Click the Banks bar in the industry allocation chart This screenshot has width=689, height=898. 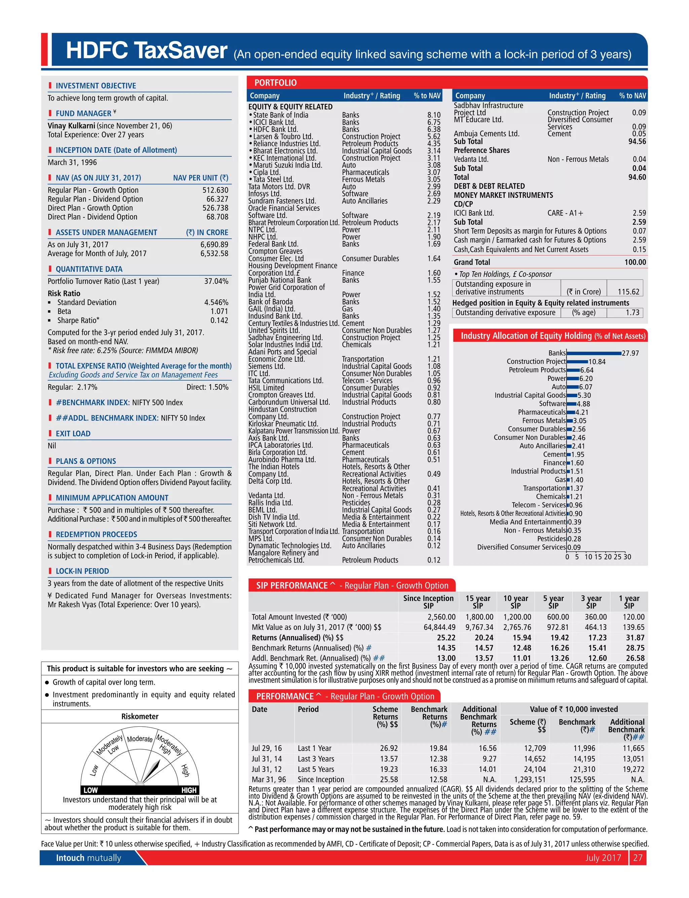[593, 353]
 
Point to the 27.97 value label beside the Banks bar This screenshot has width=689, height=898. [630, 353]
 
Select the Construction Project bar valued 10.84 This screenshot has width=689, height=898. [577, 362]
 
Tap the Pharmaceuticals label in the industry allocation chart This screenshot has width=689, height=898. [541, 412]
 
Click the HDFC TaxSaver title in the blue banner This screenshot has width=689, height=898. [146, 50]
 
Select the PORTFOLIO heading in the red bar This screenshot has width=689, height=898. [275, 83]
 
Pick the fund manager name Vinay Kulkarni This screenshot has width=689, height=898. [71, 126]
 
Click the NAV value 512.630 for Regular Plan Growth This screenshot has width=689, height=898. [215, 190]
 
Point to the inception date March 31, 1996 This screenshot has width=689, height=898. [72, 163]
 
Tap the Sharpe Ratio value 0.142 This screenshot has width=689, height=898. [219, 320]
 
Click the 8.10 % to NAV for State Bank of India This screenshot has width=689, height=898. [434, 115]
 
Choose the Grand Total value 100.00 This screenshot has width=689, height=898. [635, 262]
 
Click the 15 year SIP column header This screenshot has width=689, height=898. [478, 602]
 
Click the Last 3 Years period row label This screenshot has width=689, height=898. [316, 759]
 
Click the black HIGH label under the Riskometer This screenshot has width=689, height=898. [189, 790]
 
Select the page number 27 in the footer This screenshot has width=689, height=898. [638, 857]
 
